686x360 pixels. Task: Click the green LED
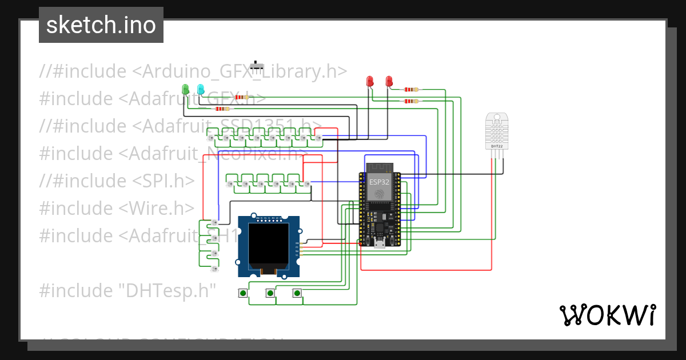[185, 89]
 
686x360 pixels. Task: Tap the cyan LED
[200, 89]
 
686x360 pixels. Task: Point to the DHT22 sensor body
[496, 131]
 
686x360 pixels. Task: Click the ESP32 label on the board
[378, 182]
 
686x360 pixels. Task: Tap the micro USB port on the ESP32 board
[378, 246]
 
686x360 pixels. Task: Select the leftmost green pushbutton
[243, 294]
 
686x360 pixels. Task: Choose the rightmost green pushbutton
[296, 294]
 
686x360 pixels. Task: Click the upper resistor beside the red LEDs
[411, 89]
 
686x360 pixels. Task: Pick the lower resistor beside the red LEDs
[411, 101]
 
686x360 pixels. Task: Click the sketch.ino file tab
[101, 25]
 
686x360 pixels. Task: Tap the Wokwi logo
[607, 315]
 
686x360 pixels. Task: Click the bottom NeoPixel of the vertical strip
[214, 268]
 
